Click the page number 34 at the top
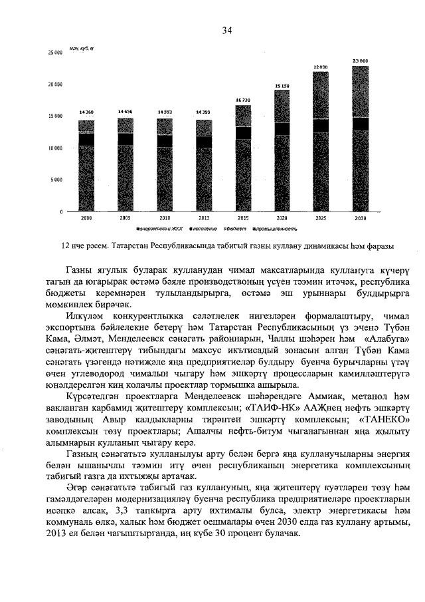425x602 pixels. pyautogui.click(x=227, y=31)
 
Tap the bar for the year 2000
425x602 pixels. pyautogui.click(x=86, y=166)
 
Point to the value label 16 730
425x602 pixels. pyautogui.click(x=243, y=99)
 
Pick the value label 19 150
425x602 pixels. pyautogui.click(x=282, y=86)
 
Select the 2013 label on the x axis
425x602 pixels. pyautogui.click(x=204, y=218)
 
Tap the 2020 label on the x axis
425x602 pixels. pyautogui.click(x=282, y=218)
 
